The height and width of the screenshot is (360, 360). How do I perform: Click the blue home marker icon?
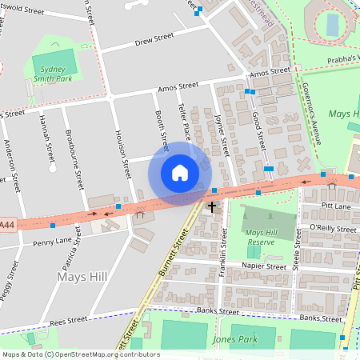point(180,173)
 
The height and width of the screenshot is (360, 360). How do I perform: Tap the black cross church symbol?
point(213,207)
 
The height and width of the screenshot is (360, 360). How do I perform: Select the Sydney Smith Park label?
point(55,74)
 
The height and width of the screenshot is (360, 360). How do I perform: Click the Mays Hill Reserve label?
point(261,236)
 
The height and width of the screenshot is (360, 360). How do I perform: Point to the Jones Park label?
point(235,339)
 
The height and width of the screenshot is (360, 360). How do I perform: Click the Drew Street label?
point(154,38)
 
